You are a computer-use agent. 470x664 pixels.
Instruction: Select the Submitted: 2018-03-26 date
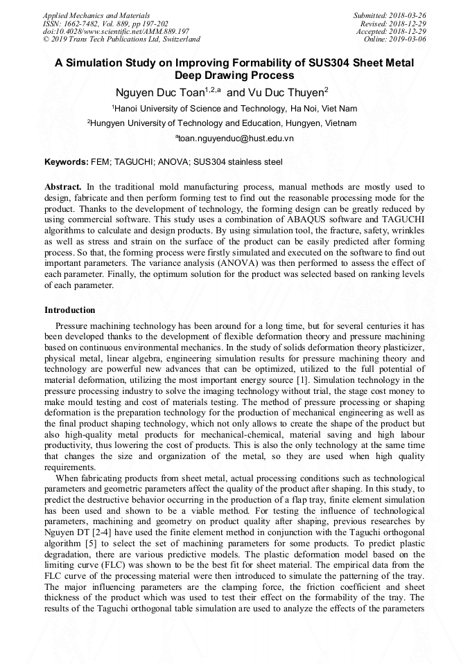pyautogui.click(x=390, y=15)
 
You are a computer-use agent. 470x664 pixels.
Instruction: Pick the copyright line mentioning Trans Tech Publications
pyautogui.click(x=121, y=39)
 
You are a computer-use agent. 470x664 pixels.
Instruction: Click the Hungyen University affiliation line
pyautogui.click(x=223, y=123)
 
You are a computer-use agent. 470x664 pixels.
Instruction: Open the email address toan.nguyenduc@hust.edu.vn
pyautogui.click(x=236, y=138)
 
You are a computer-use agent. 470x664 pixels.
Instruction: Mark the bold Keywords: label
pyautogui.click(x=67, y=162)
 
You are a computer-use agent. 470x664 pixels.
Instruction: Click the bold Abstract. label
pyautogui.click(x=63, y=187)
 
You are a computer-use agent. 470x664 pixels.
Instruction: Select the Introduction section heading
pyautogui.click(x=70, y=309)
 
